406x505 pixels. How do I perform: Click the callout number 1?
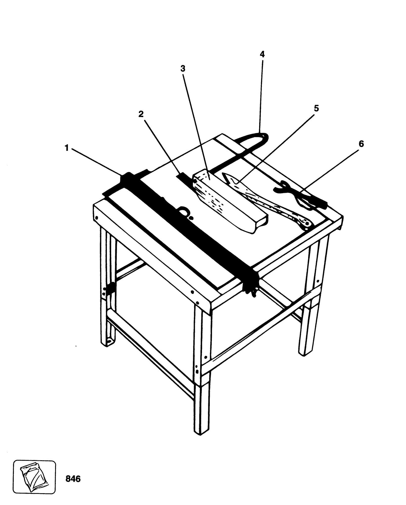coord(67,148)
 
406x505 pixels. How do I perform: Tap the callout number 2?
coord(141,114)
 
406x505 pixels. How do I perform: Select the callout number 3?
coord(183,69)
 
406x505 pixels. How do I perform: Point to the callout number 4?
coord(262,54)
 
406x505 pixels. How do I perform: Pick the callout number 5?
coord(316,108)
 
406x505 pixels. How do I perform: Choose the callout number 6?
coord(361,144)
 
